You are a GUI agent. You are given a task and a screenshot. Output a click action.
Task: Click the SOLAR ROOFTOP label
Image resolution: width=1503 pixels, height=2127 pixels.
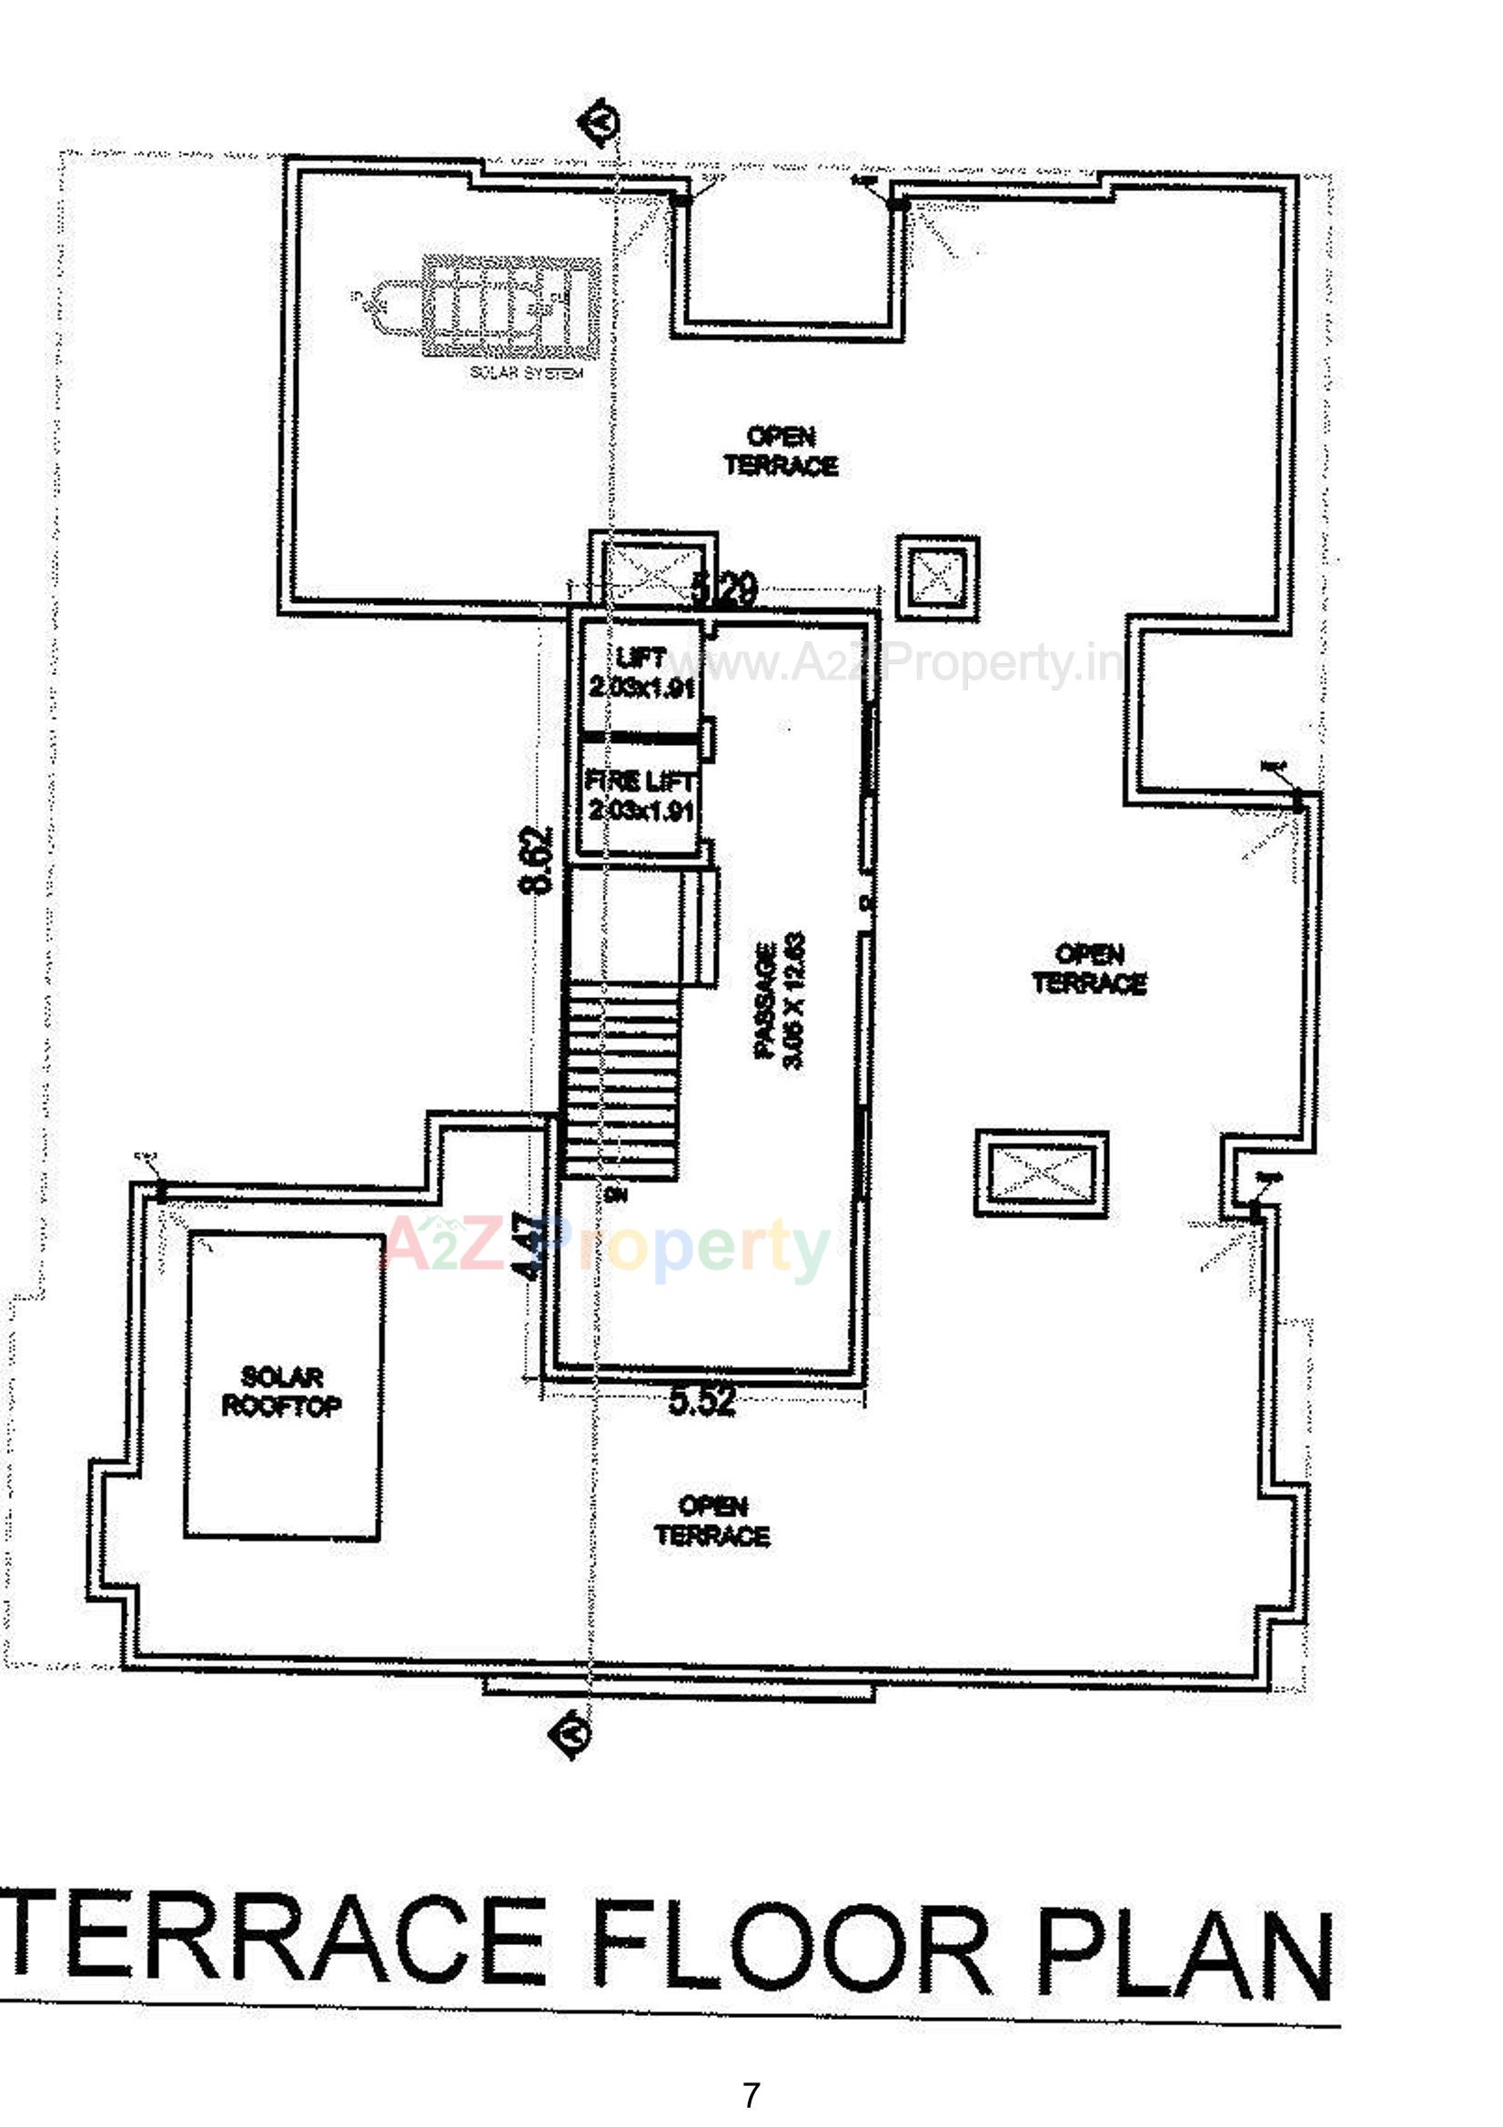[x=281, y=1391]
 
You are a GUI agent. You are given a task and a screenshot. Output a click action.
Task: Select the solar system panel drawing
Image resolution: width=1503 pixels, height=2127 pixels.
[x=509, y=307]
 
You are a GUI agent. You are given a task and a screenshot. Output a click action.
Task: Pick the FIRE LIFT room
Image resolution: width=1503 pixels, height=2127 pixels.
[x=641, y=796]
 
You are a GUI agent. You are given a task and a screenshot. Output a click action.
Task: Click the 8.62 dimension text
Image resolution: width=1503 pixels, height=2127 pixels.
[x=536, y=859]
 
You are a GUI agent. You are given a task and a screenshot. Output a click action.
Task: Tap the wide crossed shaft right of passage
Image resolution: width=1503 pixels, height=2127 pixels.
[x=1042, y=1174]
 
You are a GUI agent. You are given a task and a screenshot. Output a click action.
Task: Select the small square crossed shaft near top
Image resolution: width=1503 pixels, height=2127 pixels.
[x=938, y=576]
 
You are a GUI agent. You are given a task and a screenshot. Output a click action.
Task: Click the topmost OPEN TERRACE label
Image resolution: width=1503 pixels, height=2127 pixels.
[x=782, y=450]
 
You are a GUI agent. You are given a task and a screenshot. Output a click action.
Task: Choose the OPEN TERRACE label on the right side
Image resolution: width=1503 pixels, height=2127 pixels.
[x=1090, y=969]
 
